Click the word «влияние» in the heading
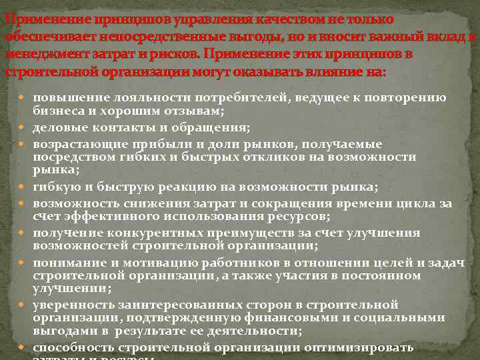320,71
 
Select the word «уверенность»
71,305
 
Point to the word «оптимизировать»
363,348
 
